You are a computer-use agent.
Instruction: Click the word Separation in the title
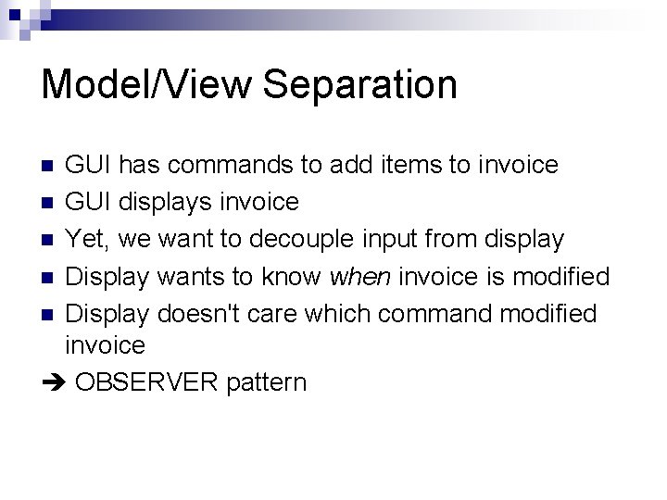(360, 84)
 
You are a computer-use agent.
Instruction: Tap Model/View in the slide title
(146, 84)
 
